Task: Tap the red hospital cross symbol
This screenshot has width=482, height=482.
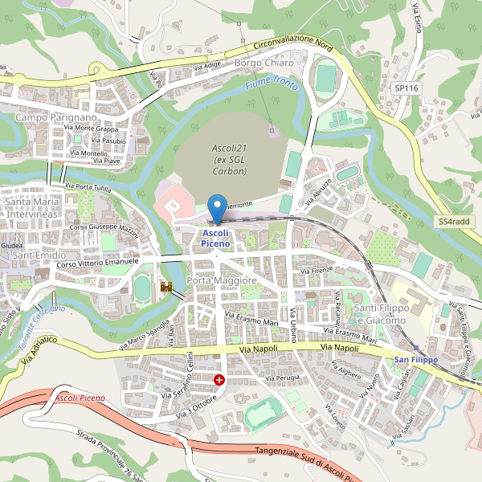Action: coord(219,378)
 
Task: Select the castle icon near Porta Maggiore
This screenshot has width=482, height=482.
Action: coord(167,287)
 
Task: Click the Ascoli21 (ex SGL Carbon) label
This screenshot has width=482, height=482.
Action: coord(230,160)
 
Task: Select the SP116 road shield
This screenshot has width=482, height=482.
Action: coord(406,88)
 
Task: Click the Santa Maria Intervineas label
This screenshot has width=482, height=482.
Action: coord(33,208)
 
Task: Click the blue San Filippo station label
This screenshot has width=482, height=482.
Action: coord(415,359)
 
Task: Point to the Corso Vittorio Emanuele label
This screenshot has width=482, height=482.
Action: coord(98,263)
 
